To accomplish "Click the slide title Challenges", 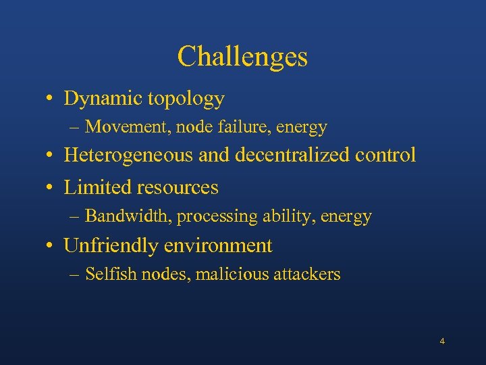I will coord(242,57).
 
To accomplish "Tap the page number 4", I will coord(442,341).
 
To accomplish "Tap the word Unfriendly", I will coord(111,246).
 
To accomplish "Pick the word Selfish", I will coord(108,274).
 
